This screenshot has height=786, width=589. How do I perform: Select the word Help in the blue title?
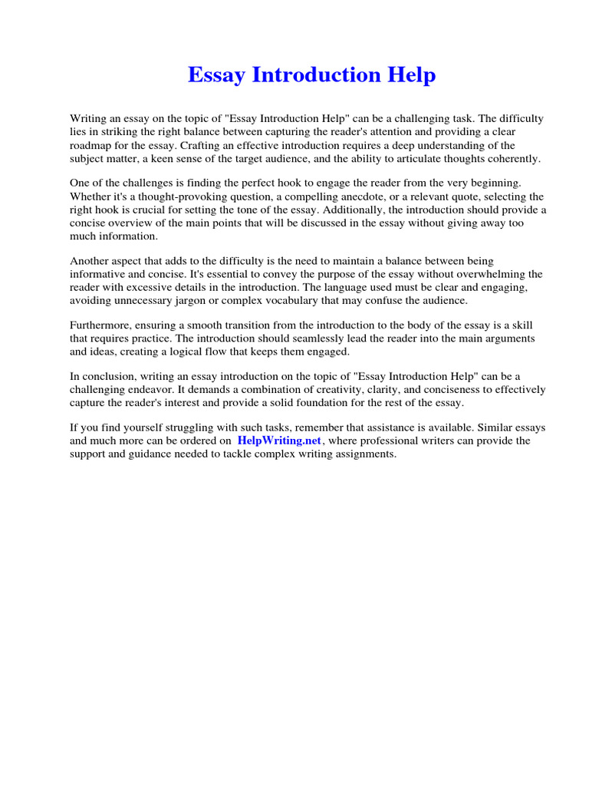[411, 75]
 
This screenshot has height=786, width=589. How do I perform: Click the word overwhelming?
[494, 274]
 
